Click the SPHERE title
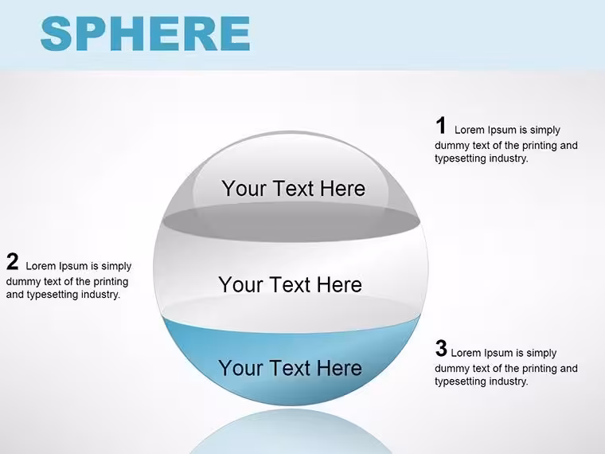pyautogui.click(x=145, y=33)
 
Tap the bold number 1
pyautogui.click(x=441, y=126)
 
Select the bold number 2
pyautogui.click(x=13, y=262)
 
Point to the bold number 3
pyautogui.click(x=441, y=348)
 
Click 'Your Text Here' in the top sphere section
pyautogui.click(x=293, y=189)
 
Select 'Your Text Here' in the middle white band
pyautogui.click(x=290, y=284)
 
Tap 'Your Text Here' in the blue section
pyautogui.click(x=290, y=367)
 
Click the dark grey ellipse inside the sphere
pyautogui.click(x=291, y=222)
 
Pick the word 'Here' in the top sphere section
pyautogui.click(x=342, y=189)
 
